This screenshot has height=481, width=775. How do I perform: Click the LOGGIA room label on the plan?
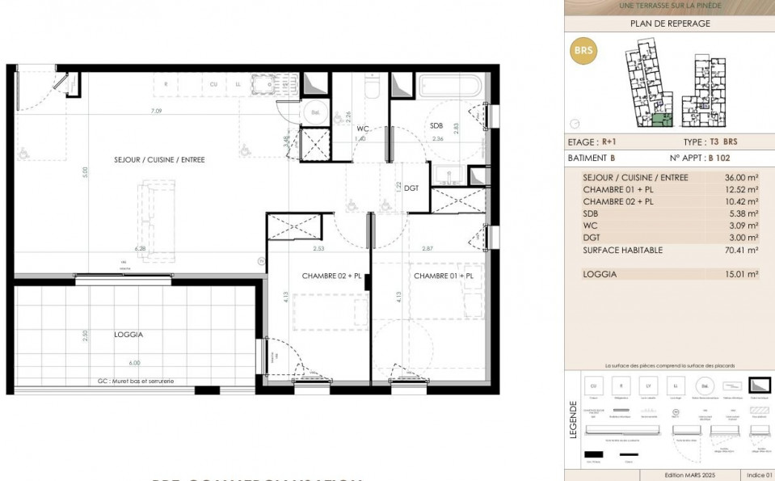(x=128, y=334)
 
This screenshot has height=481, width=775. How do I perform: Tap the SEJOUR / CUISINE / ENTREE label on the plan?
(x=158, y=160)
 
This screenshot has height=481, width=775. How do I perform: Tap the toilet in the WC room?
(x=371, y=86)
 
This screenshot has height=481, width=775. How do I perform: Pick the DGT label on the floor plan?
(x=411, y=188)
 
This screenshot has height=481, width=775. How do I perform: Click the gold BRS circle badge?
(x=583, y=50)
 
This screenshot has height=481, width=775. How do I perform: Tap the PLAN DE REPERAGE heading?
(x=669, y=23)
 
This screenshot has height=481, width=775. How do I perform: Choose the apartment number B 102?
(x=722, y=158)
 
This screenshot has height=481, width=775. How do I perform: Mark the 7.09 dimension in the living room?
(x=156, y=111)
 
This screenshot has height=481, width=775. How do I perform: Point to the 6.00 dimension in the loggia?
(x=133, y=363)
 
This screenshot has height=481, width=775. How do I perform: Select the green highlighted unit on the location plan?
(x=662, y=120)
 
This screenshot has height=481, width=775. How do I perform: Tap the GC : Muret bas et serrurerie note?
(x=136, y=381)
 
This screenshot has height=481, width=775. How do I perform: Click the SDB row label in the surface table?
(x=591, y=213)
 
